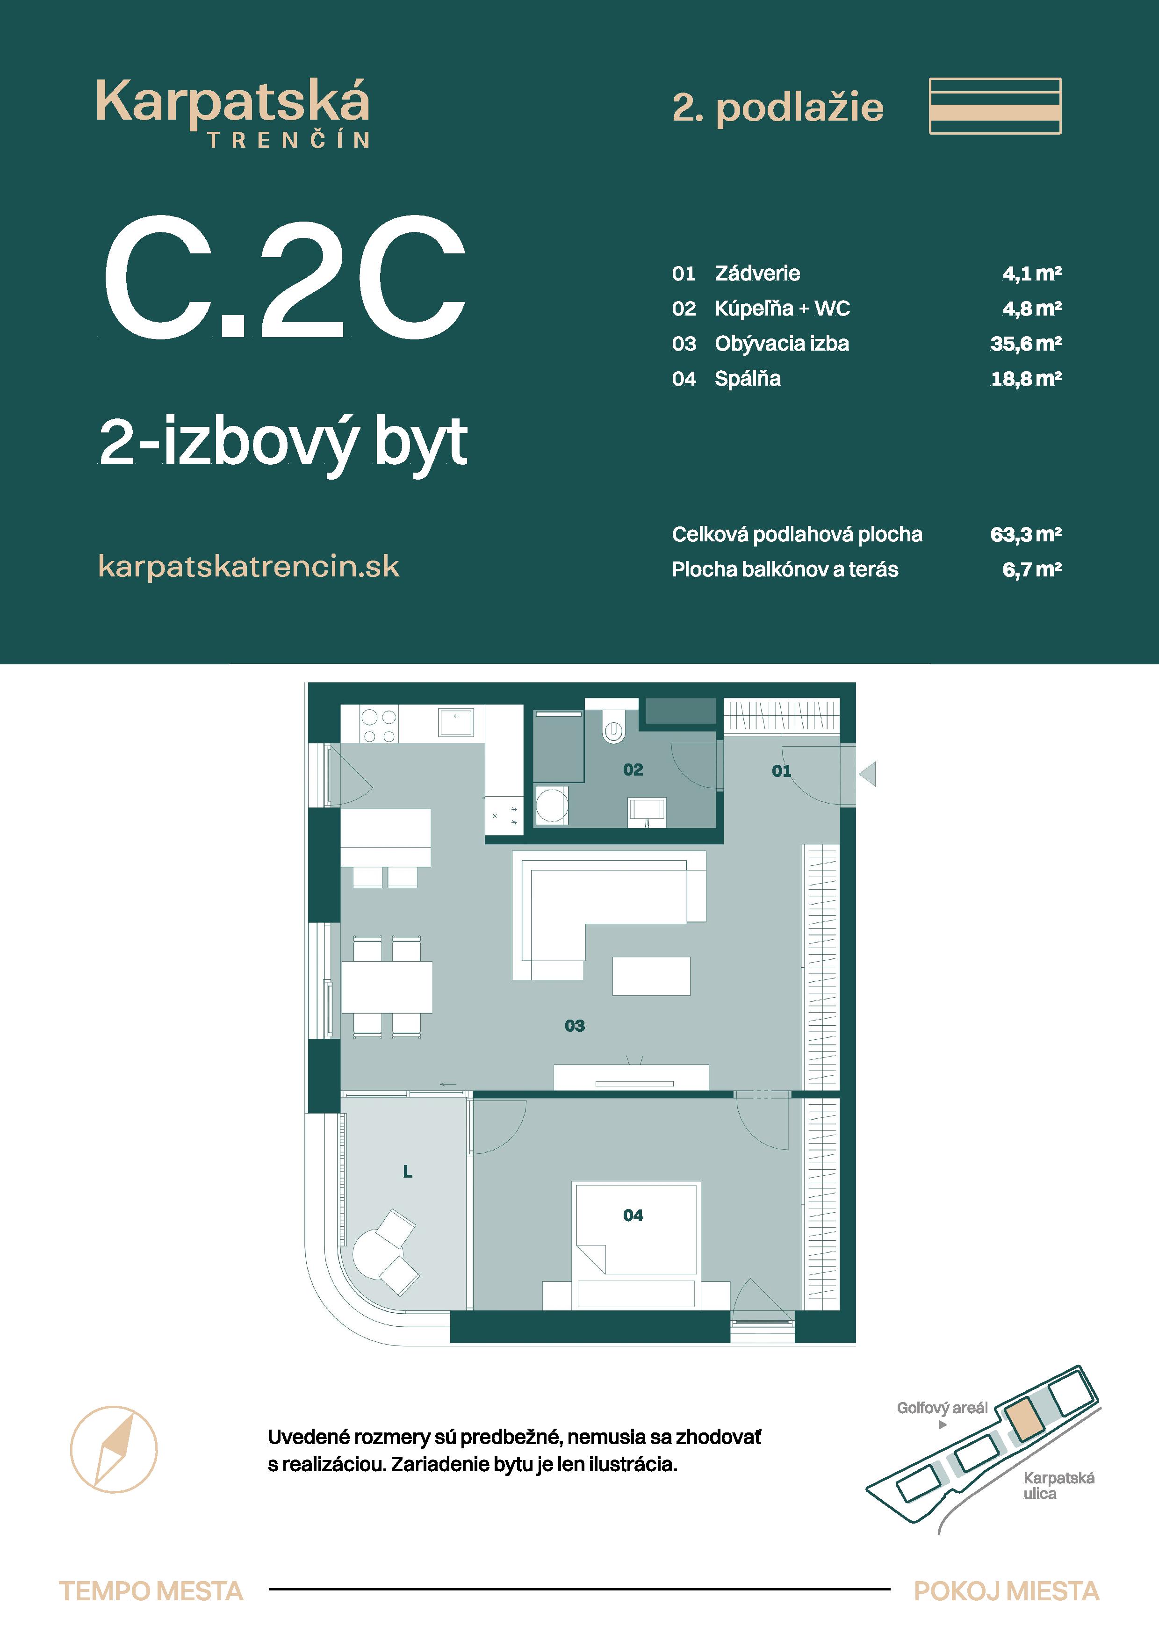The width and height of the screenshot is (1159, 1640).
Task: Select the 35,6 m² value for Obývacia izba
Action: pos(1025,344)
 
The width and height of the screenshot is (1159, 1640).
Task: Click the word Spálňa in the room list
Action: pos(747,379)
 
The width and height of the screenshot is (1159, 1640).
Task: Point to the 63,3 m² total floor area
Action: pos(1025,534)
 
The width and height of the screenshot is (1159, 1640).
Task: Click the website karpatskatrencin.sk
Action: pos(249,567)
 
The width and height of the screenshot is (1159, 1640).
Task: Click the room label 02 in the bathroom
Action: pos(633,770)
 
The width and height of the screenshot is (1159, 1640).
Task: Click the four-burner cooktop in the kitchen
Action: pos(379,725)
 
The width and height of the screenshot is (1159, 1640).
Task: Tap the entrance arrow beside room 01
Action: pos(868,774)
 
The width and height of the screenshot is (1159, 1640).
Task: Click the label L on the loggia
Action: pos(407,1172)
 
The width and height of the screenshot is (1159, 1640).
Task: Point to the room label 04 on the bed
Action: pos(633,1215)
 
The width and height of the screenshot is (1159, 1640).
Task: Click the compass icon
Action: pos(114,1449)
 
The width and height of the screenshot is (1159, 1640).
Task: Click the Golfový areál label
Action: pos(942,1408)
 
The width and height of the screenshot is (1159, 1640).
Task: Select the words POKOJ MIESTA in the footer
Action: pos(1006,1591)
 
